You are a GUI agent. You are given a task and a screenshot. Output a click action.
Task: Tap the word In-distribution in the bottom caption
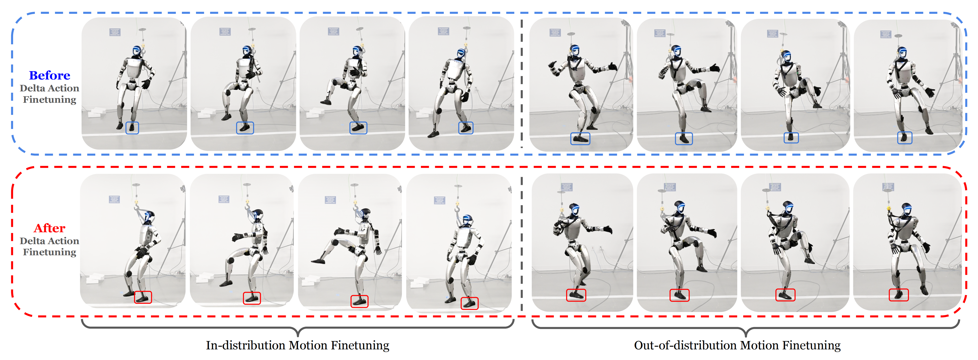tap(246, 345)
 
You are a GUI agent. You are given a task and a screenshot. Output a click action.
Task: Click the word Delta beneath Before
tap(32, 88)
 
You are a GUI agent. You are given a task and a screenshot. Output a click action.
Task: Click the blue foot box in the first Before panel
tap(132, 128)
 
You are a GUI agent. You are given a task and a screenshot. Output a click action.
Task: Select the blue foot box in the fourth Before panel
tap(465, 128)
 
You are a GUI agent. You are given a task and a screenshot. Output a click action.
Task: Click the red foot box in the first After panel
tap(143, 297)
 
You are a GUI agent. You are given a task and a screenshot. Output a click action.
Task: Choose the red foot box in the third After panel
tap(359, 301)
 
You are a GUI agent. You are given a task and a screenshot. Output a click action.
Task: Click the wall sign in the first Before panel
tap(115, 32)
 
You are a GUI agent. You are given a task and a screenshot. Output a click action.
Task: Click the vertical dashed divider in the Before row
tap(522, 83)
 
